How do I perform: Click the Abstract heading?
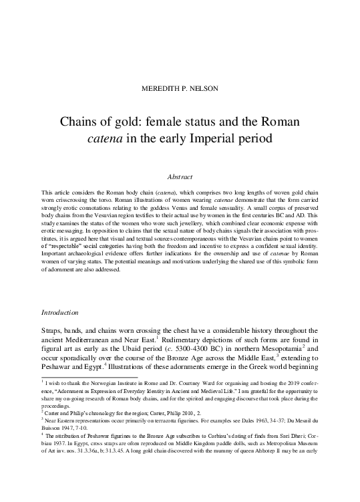click(x=179, y=177)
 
